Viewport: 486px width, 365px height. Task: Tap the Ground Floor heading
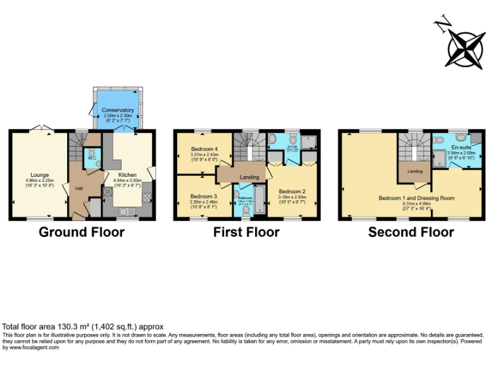(82, 232)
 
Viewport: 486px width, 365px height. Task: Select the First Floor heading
(246, 232)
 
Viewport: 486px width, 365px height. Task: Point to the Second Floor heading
(411, 232)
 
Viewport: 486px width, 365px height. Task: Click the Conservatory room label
(118, 110)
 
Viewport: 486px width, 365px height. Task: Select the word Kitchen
(128, 174)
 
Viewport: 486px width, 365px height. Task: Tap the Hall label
(79, 188)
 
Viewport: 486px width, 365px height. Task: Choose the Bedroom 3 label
(203, 196)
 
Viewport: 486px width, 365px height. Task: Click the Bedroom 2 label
(292, 191)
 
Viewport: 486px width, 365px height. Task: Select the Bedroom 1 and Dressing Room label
(416, 198)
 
